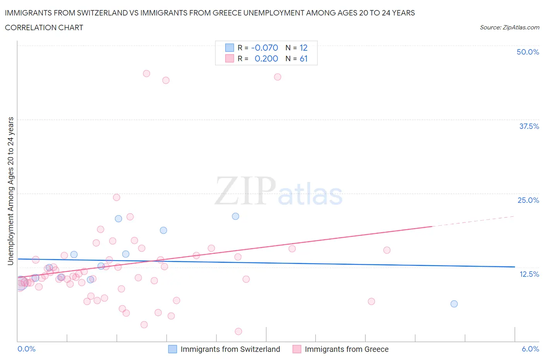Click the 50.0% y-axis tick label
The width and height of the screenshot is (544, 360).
point(527,52)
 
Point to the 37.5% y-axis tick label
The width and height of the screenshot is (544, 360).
point(529,126)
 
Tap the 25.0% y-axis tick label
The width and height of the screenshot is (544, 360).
point(528,200)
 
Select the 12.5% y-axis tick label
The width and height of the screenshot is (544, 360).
point(529,274)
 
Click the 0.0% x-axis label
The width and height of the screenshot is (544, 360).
point(26,349)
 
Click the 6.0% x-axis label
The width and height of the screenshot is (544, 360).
point(530,349)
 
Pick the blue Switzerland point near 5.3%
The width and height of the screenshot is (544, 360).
point(454,304)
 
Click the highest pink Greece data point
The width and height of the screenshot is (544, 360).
point(146,74)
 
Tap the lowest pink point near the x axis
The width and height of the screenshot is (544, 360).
point(238,331)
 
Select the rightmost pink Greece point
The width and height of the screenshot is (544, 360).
point(387,250)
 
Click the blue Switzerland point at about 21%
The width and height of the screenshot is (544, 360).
point(235,216)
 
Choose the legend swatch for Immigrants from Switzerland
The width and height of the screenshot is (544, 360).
point(172,349)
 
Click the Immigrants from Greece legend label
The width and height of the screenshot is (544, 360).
point(346,349)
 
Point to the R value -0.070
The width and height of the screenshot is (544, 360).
point(265,48)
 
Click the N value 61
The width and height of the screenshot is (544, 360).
point(303,58)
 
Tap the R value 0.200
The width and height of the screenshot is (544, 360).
point(266,58)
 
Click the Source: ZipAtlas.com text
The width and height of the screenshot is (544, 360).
point(509,27)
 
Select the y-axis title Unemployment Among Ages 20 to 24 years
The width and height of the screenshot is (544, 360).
point(11,191)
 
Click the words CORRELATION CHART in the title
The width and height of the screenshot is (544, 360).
point(44,27)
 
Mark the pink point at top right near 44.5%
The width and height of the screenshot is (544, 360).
point(277,77)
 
